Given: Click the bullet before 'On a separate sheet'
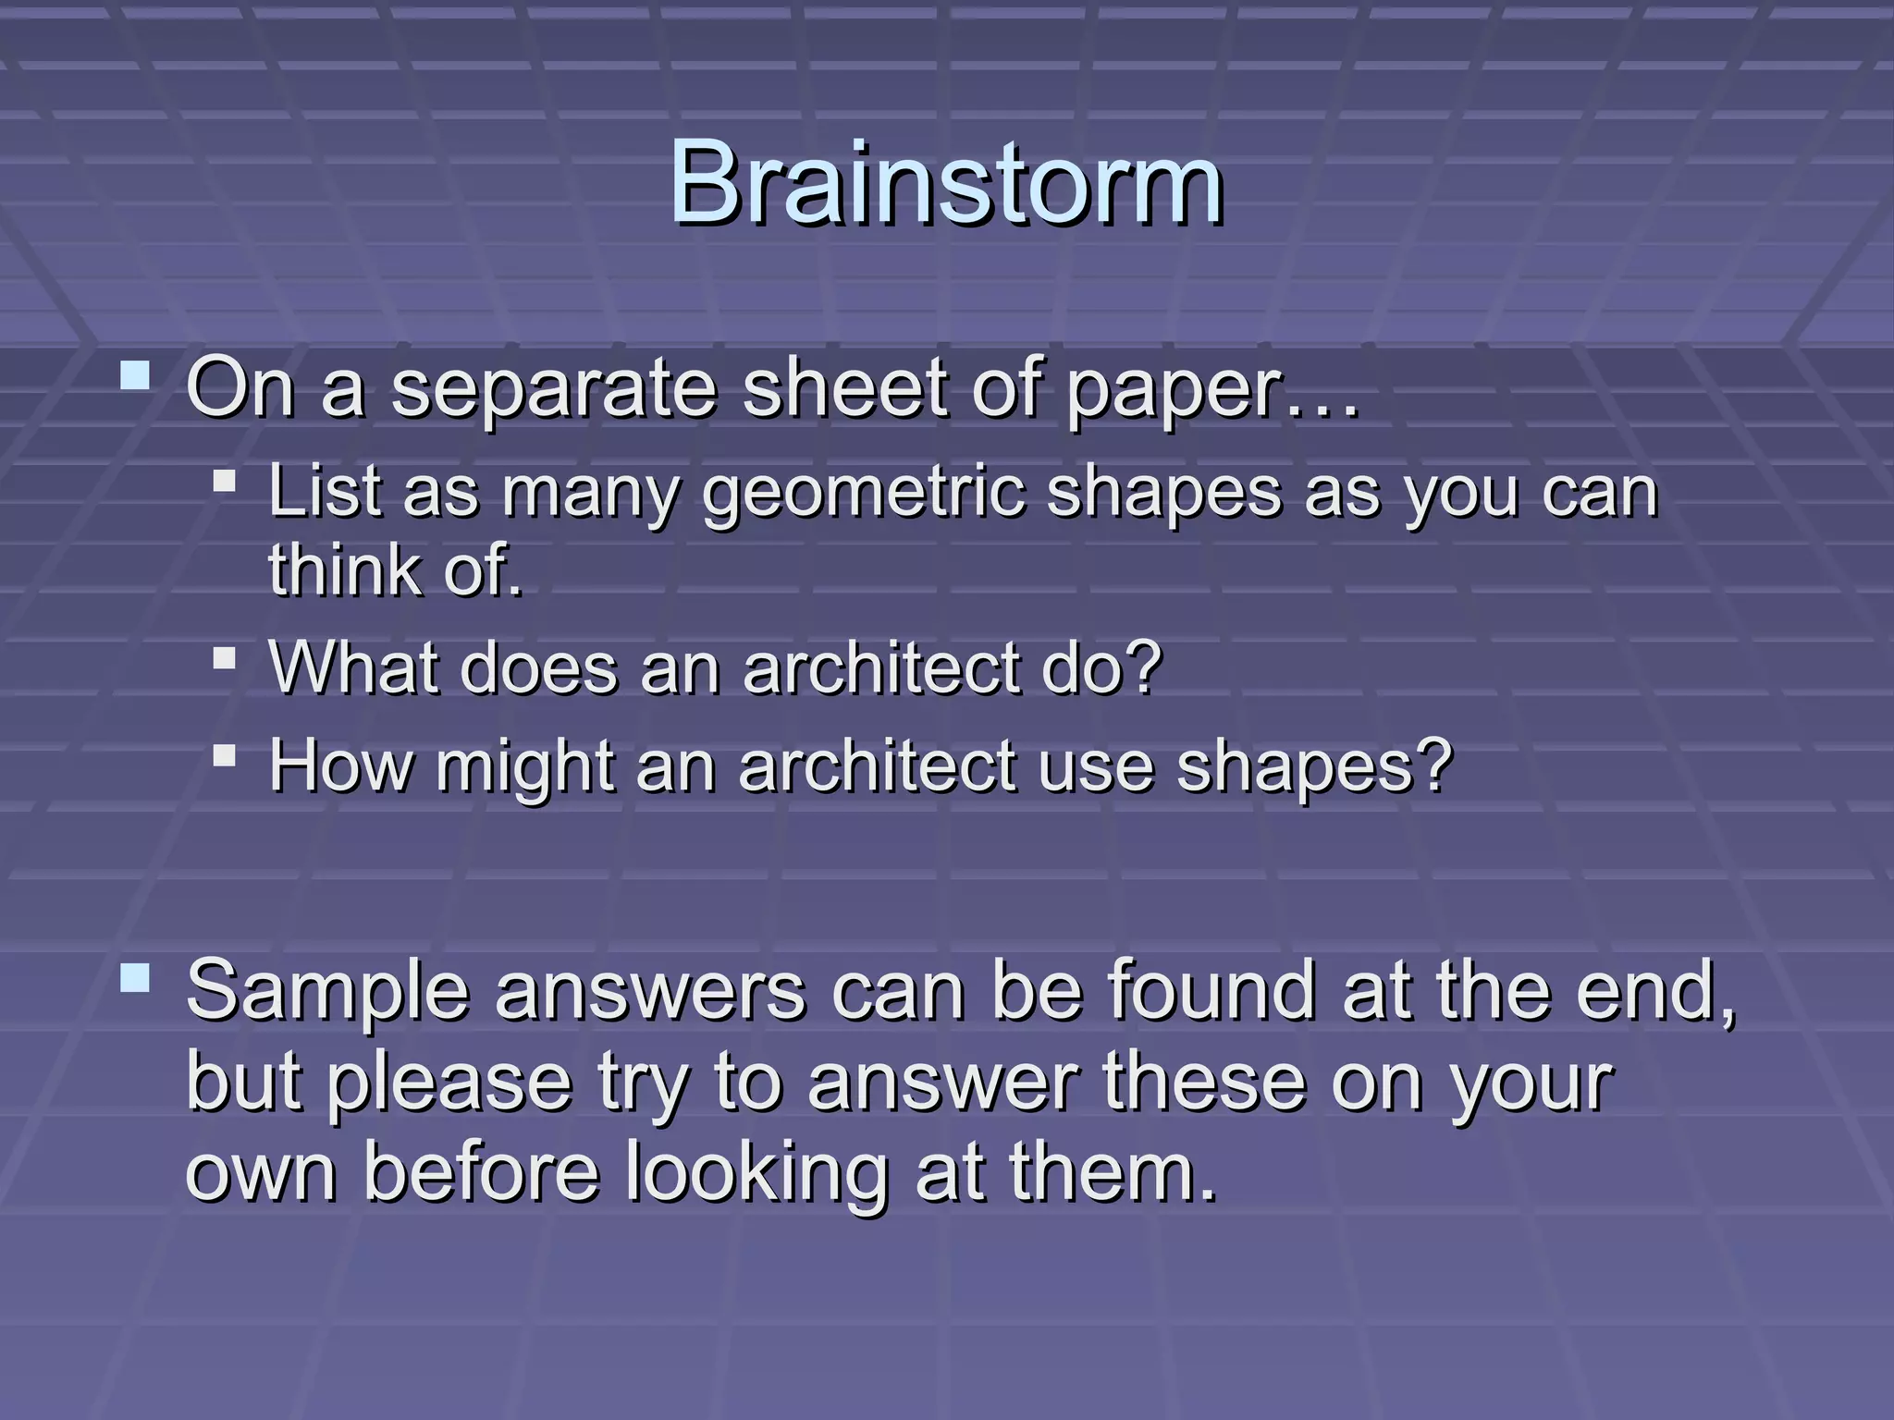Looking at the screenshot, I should tap(135, 376).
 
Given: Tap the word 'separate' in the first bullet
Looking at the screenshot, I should tap(553, 388).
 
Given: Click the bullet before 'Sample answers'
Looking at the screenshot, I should tap(135, 978).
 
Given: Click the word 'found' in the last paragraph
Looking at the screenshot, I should tap(1211, 989).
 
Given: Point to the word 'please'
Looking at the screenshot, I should tap(450, 1083).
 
